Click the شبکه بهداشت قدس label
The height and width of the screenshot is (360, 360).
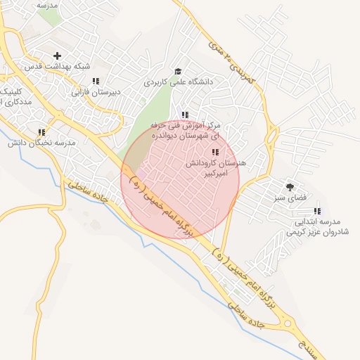coord(58,66)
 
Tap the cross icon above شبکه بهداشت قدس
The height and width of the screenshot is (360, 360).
coord(57,55)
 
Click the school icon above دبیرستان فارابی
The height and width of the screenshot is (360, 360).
coord(96,81)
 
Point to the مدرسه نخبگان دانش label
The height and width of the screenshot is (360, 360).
coord(41,143)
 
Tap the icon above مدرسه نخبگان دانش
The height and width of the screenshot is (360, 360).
coord(41,131)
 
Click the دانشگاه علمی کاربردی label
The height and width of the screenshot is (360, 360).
coord(179,82)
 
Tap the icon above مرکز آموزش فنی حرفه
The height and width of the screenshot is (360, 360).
coord(185,115)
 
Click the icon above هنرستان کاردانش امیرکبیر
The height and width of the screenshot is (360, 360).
coord(214,152)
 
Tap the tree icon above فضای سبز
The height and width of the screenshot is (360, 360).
coord(290,186)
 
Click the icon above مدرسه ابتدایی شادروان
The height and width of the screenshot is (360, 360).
coord(317,211)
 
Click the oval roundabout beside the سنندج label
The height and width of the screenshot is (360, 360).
coord(288,324)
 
